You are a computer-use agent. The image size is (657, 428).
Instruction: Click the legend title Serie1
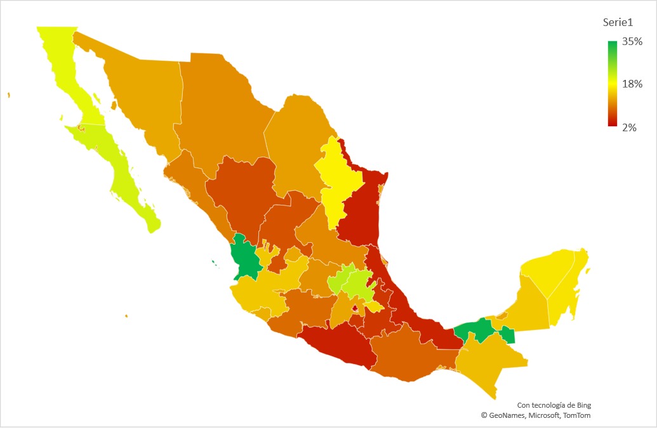pyautogui.click(x=618, y=23)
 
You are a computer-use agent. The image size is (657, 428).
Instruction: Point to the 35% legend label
pyautogui.click(x=632, y=42)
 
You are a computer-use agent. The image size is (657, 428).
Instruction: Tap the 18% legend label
pyautogui.click(x=632, y=84)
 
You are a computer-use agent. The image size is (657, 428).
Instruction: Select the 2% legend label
pyautogui.click(x=629, y=127)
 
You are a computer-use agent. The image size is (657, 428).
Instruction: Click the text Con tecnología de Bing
pyautogui.click(x=554, y=405)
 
